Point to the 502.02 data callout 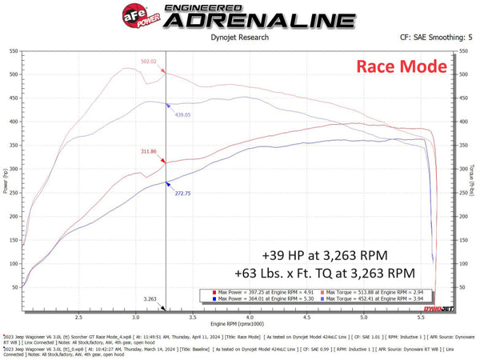click(149, 61)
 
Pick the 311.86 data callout click(149, 151)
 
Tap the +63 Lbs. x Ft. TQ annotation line click(325, 272)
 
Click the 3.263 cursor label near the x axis click(150, 298)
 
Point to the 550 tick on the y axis click(14, 50)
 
